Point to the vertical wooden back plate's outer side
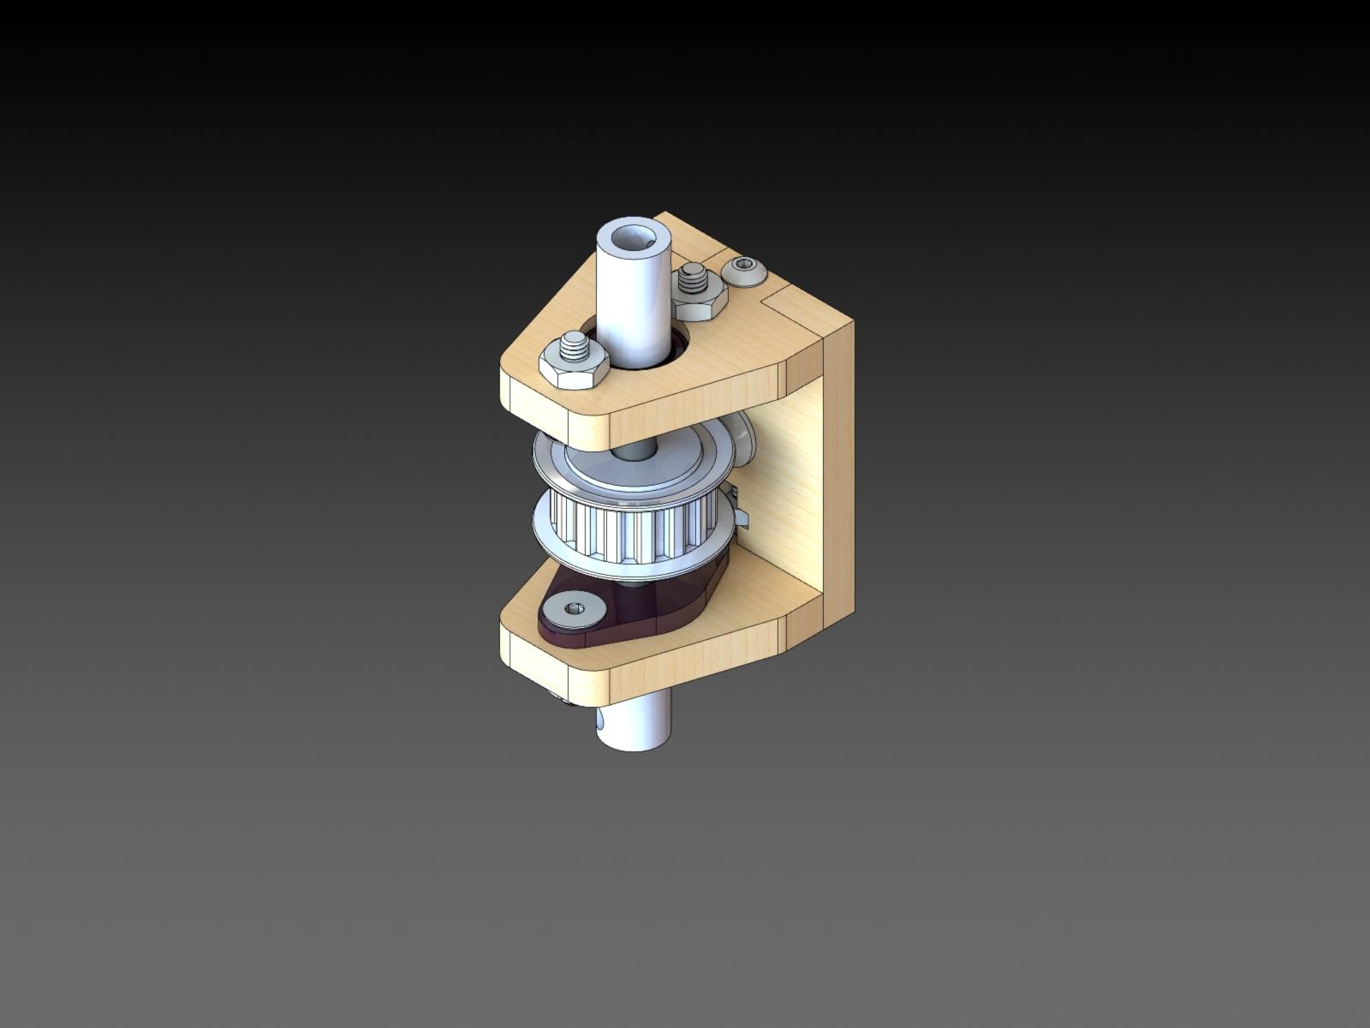pyautogui.click(x=837, y=480)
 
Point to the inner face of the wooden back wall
pyautogui.click(x=779, y=497)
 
